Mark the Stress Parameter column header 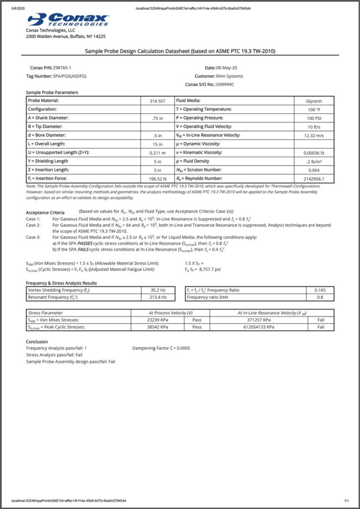click(x=46, y=313)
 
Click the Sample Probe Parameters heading click(x=52, y=92)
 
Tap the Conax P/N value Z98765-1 click(x=62, y=67)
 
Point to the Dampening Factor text click(x=161, y=348)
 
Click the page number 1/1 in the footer click(x=347, y=501)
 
